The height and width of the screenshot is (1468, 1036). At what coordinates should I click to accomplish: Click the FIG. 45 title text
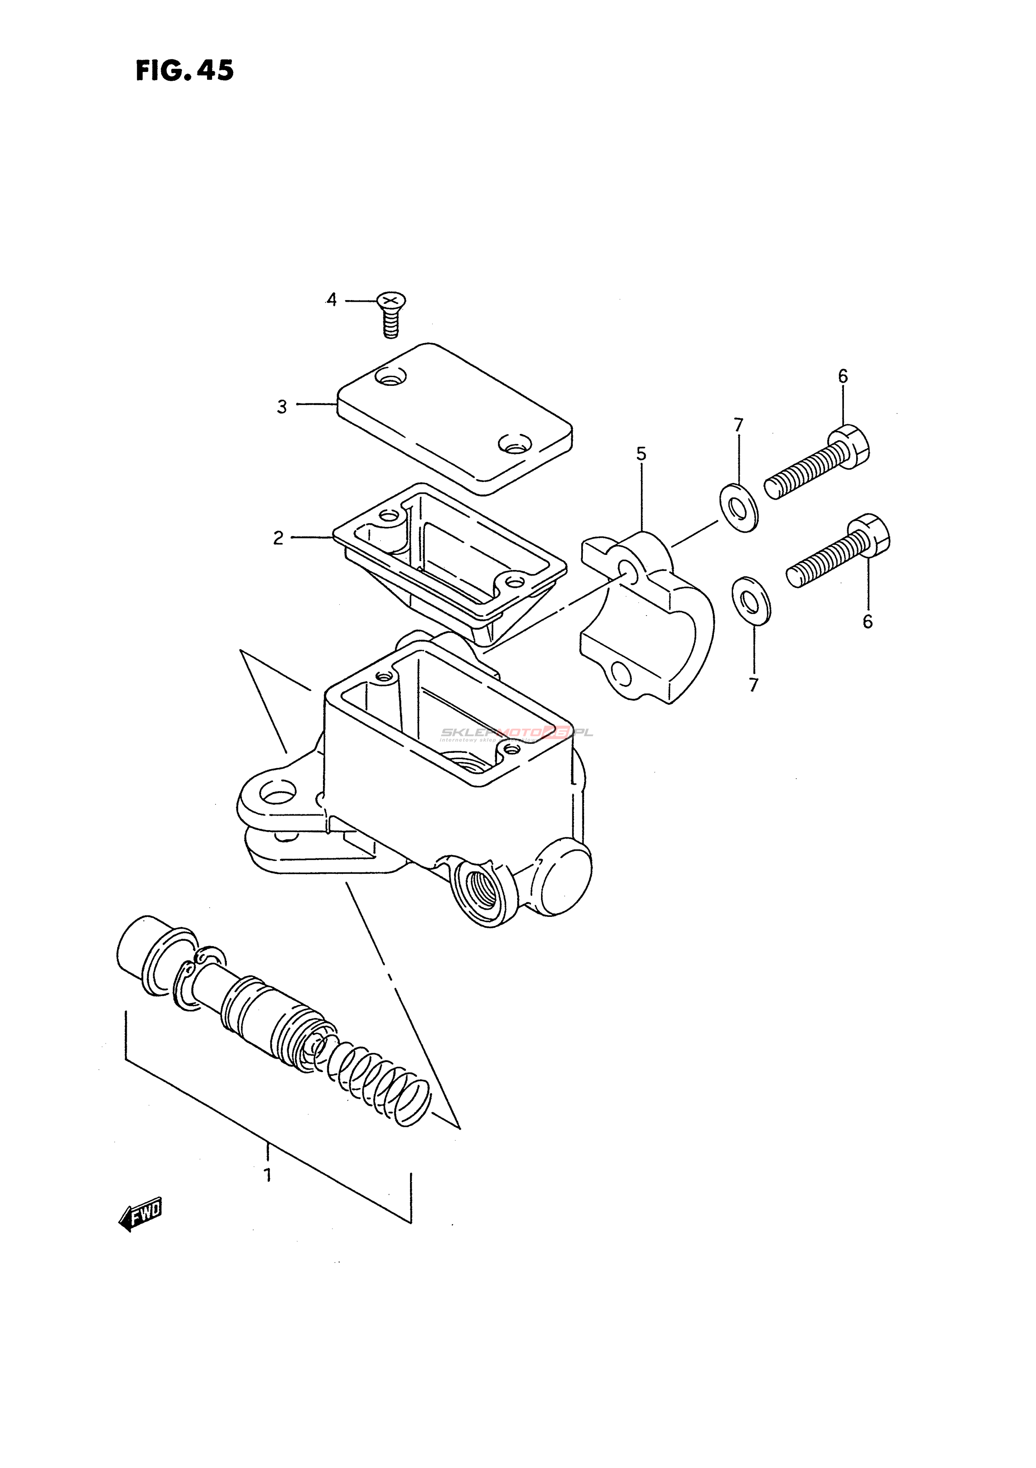[x=185, y=70]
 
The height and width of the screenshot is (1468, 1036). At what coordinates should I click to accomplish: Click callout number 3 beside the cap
[x=282, y=407]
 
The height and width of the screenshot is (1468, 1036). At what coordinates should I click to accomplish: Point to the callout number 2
[x=278, y=538]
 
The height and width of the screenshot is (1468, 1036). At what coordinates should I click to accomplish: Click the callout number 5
[x=641, y=454]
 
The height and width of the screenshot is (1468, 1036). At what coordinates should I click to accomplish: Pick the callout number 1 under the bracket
[x=268, y=1175]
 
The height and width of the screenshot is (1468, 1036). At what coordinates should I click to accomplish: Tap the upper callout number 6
[x=843, y=377]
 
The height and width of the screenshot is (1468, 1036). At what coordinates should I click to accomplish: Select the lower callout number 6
[x=867, y=621]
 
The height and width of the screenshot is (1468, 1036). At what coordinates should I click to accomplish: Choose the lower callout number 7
[x=754, y=685]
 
